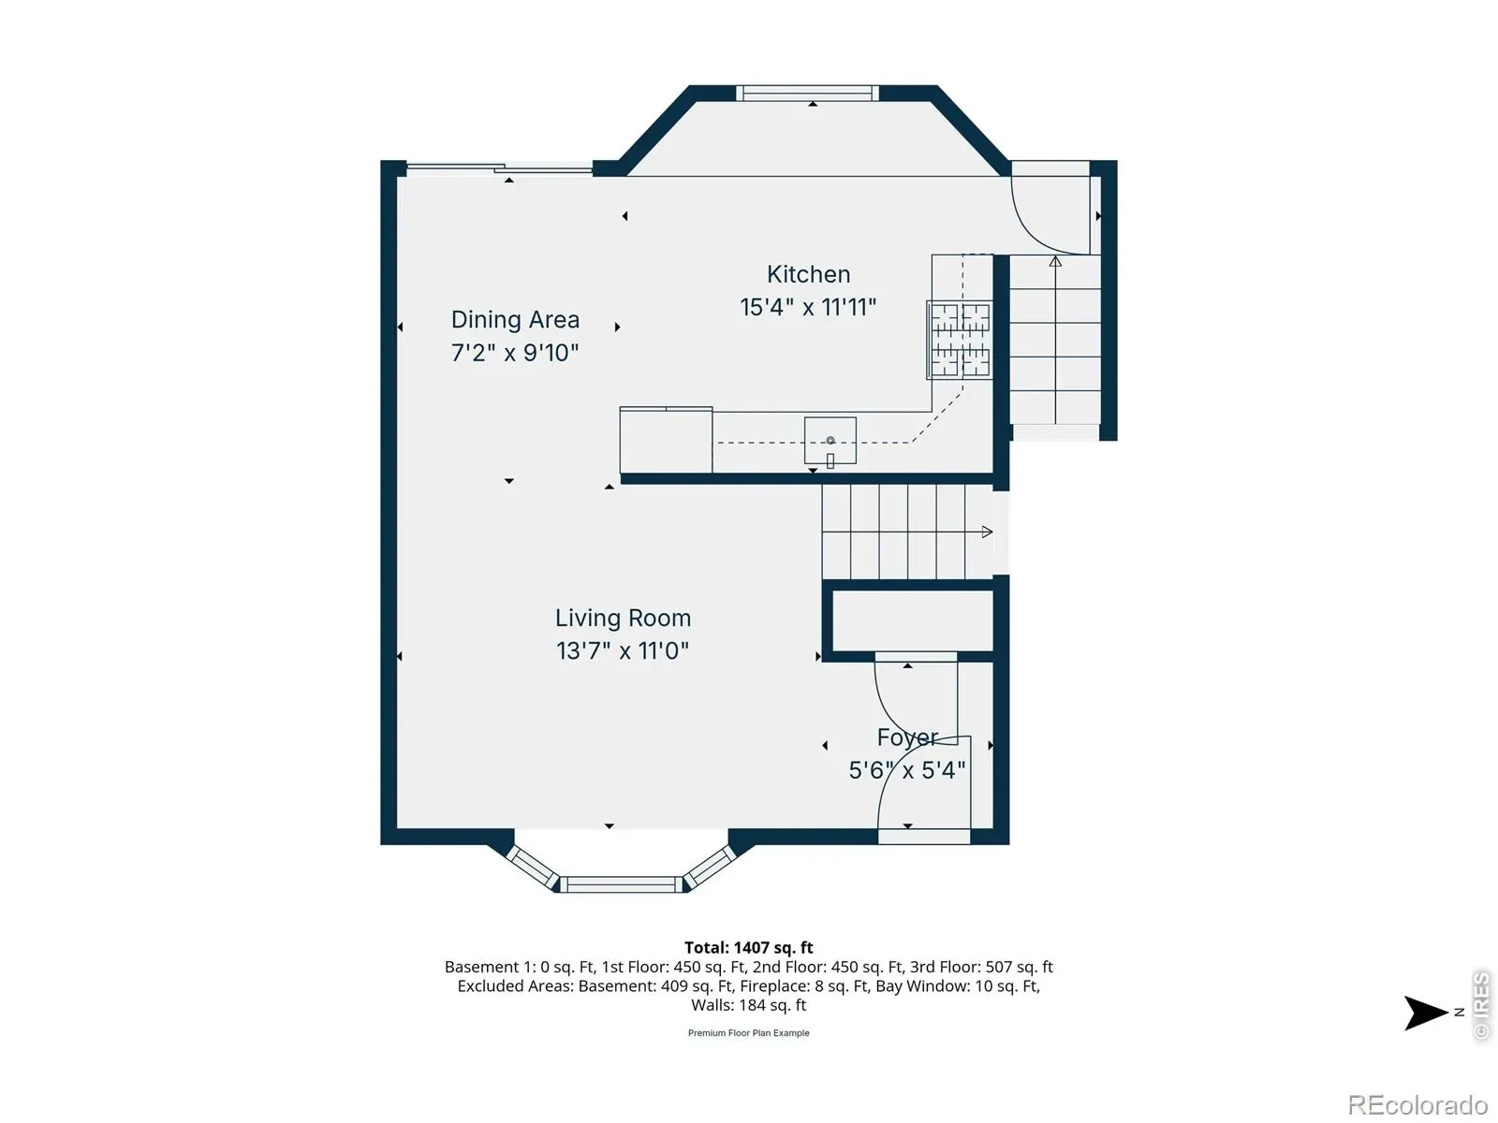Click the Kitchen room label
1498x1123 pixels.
(808, 274)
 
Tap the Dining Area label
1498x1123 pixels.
(515, 320)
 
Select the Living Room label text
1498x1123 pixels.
(623, 618)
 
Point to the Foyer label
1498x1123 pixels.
(907, 737)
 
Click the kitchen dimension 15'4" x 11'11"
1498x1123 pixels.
(808, 307)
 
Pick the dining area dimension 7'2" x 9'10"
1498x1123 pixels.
(515, 353)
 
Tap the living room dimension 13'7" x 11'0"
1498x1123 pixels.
(623, 650)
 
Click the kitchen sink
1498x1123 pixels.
(830, 441)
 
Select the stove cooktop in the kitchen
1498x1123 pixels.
(960, 340)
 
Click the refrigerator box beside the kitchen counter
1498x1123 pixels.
(666, 440)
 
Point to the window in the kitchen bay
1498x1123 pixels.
(807, 93)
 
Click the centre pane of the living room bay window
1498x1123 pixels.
(621, 884)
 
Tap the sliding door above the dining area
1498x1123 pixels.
(499, 168)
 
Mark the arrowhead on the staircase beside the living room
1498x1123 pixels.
(987, 532)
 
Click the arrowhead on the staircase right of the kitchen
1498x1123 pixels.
(1055, 261)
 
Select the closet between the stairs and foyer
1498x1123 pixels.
(913, 620)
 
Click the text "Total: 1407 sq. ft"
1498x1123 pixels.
(749, 948)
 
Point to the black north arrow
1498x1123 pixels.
(1424, 1013)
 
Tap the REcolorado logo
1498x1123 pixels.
(1417, 1104)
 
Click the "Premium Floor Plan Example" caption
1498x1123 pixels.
(749, 1033)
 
